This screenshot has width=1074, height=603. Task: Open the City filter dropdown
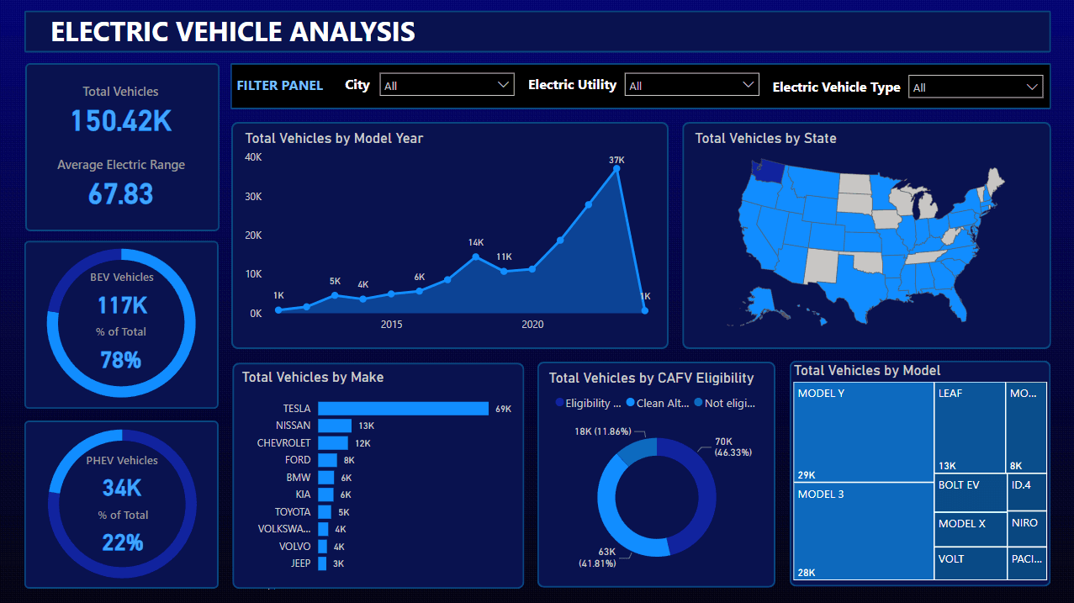tap(447, 85)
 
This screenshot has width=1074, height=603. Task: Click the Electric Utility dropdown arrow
tap(749, 85)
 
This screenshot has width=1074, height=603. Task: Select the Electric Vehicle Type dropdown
tap(975, 87)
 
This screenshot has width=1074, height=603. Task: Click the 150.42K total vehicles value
tap(121, 121)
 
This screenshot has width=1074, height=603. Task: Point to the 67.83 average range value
tap(121, 194)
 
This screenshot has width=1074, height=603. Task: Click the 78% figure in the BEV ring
tap(121, 361)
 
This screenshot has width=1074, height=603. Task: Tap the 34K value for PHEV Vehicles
tap(122, 488)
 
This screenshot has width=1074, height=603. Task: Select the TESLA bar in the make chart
tap(403, 409)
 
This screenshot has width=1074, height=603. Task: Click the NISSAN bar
tap(335, 426)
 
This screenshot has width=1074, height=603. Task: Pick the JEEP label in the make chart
tap(300, 563)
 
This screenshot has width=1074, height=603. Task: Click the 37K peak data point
tap(616, 169)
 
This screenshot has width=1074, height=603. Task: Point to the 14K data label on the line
tap(476, 242)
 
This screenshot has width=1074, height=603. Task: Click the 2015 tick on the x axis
tap(391, 325)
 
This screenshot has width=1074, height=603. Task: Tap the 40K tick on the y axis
tap(253, 157)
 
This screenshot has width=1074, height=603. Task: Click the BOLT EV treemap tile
tap(971, 493)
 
